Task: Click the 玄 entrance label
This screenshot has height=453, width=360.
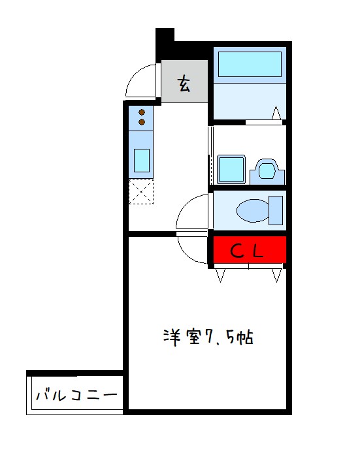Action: click(185, 83)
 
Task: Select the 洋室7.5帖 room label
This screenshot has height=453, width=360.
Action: click(208, 338)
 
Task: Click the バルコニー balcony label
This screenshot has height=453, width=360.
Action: click(76, 396)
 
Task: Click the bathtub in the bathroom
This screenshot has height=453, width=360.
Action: click(250, 65)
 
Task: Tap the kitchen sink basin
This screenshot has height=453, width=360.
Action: click(141, 159)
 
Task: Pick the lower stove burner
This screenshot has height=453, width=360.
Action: click(141, 122)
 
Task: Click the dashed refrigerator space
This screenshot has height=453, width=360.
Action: click(140, 192)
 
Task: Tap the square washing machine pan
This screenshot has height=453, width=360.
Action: click(231, 170)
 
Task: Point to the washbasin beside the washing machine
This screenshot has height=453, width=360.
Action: click(267, 170)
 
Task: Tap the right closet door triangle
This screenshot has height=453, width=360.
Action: click(277, 275)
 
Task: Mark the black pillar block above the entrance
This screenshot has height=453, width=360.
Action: click(165, 40)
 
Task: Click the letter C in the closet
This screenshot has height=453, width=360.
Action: click(237, 249)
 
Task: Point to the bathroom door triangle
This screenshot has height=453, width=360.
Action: click(278, 114)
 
